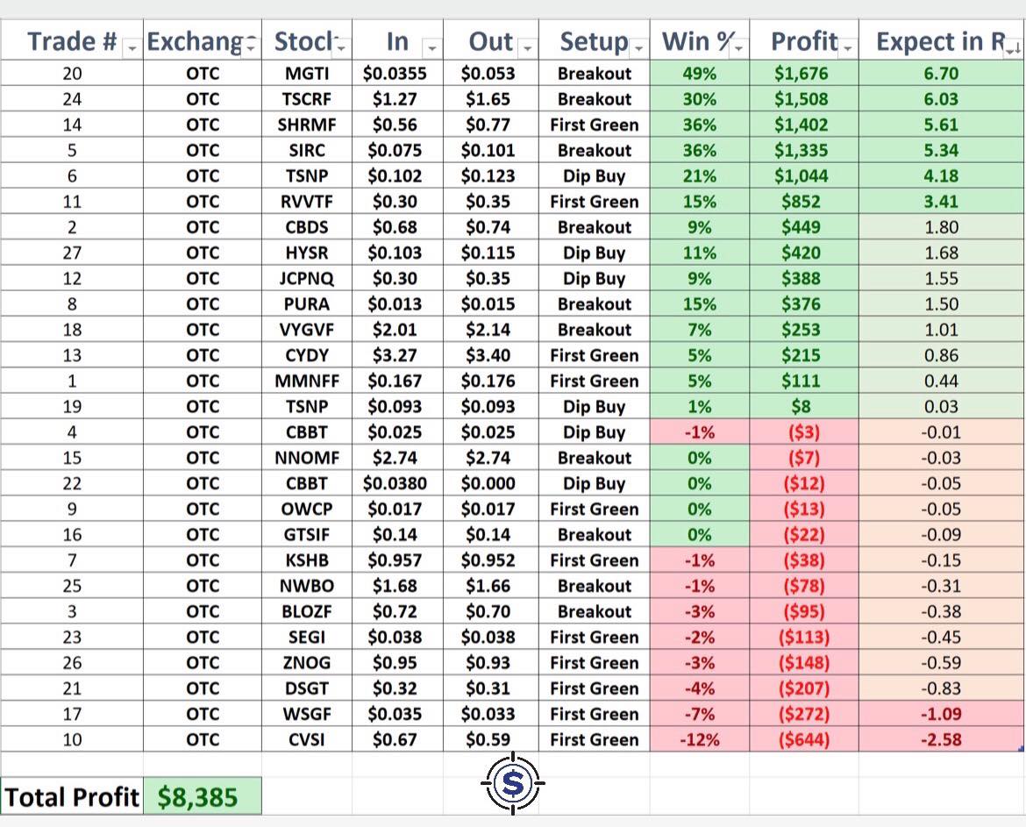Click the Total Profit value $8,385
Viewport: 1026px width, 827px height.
click(x=197, y=797)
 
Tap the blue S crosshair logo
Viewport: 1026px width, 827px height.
click(x=512, y=782)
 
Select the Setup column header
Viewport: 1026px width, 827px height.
click(x=594, y=41)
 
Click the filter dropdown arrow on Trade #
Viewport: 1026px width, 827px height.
click(x=132, y=47)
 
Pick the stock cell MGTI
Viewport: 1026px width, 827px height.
click(x=307, y=74)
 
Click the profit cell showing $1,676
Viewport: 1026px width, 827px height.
click(x=801, y=74)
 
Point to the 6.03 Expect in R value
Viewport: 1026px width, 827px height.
click(x=941, y=99)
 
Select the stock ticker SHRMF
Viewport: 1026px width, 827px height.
click(x=307, y=125)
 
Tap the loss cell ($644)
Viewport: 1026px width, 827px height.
click(x=803, y=739)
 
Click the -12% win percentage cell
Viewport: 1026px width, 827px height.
click(x=700, y=739)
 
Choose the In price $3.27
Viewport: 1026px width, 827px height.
click(x=395, y=355)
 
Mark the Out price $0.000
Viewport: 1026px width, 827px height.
click(x=488, y=483)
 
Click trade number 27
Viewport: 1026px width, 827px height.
click(x=72, y=253)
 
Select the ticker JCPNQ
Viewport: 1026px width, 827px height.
click(x=307, y=279)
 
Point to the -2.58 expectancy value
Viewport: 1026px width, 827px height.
click(x=941, y=739)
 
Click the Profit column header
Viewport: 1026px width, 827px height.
click(x=804, y=41)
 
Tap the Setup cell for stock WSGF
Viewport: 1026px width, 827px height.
click(x=595, y=714)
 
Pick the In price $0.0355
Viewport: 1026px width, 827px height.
click(x=395, y=74)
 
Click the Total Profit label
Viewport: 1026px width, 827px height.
click(x=71, y=797)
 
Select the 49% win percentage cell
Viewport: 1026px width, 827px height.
click(x=700, y=74)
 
